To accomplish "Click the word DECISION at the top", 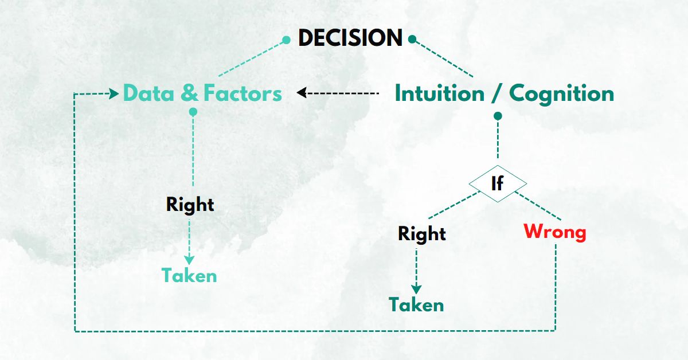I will click(350, 38).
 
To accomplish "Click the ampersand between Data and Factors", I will click(189, 93).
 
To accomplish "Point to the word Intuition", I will click(439, 93).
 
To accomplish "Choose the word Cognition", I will click(561, 93).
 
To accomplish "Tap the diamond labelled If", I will click(498, 184).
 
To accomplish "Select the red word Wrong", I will click(555, 232).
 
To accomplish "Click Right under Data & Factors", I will click(190, 205).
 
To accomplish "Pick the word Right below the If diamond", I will click(422, 234).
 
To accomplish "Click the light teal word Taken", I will click(189, 276).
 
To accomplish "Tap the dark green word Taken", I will click(416, 304).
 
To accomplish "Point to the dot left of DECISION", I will click(287, 40).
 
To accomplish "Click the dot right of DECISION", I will click(412, 40).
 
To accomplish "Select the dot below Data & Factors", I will click(193, 112).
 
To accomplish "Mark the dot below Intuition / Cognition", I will click(498, 116).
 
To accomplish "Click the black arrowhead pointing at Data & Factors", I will click(300, 93).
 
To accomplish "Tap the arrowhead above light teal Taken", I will click(189, 260).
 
